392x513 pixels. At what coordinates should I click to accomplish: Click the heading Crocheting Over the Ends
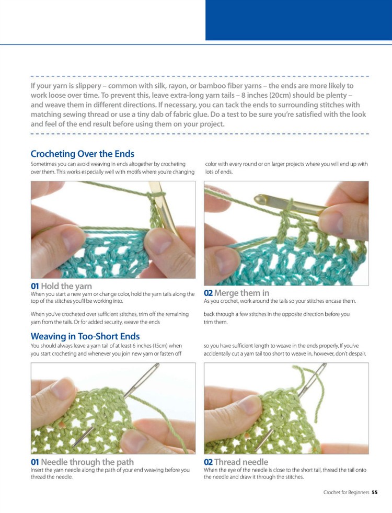click(82, 154)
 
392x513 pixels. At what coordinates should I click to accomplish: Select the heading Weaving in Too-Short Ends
click(85, 336)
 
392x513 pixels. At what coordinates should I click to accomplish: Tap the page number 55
click(375, 492)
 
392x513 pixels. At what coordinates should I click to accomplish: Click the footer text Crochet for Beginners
click(346, 492)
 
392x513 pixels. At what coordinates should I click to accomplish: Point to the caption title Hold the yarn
click(67, 286)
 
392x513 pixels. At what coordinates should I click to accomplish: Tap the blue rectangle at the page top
click(298, 20)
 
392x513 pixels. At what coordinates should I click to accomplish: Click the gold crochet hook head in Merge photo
click(260, 199)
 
